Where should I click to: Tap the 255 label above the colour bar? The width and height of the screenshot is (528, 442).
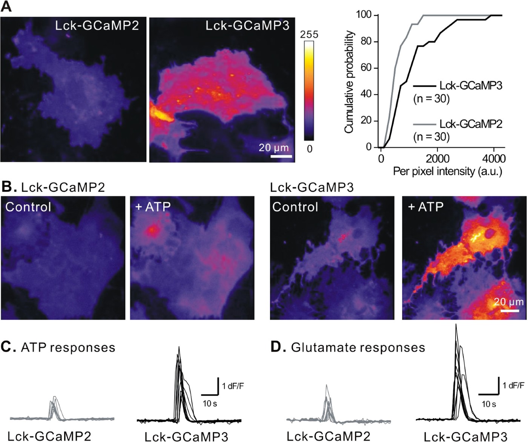pyautogui.click(x=309, y=35)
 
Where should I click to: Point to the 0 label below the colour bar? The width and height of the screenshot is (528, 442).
pyautogui.click(x=309, y=149)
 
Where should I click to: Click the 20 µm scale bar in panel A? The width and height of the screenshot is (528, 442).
pyautogui.click(x=281, y=156)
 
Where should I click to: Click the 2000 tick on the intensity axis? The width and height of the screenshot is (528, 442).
pyautogui.click(x=437, y=158)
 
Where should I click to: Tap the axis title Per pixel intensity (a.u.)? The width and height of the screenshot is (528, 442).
pyautogui.click(x=447, y=172)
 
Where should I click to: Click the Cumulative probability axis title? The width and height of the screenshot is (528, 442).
pyautogui.click(x=349, y=82)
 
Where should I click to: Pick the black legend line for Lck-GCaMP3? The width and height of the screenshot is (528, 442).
pyautogui.click(x=424, y=86)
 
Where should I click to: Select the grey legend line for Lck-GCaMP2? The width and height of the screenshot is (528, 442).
pyautogui.click(x=424, y=124)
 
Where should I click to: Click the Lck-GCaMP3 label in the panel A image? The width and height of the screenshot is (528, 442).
pyautogui.click(x=247, y=25)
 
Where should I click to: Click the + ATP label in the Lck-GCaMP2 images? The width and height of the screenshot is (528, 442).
pyautogui.click(x=153, y=207)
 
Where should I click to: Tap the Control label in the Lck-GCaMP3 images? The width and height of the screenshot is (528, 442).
pyautogui.click(x=295, y=207)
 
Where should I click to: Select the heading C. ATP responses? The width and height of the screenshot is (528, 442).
pyautogui.click(x=58, y=347)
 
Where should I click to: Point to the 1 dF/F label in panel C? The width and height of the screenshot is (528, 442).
pyautogui.click(x=233, y=386)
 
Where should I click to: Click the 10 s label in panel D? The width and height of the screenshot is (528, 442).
pyautogui.click(x=488, y=404)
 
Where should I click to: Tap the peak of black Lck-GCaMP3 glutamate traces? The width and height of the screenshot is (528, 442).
pyautogui.click(x=456, y=325)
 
